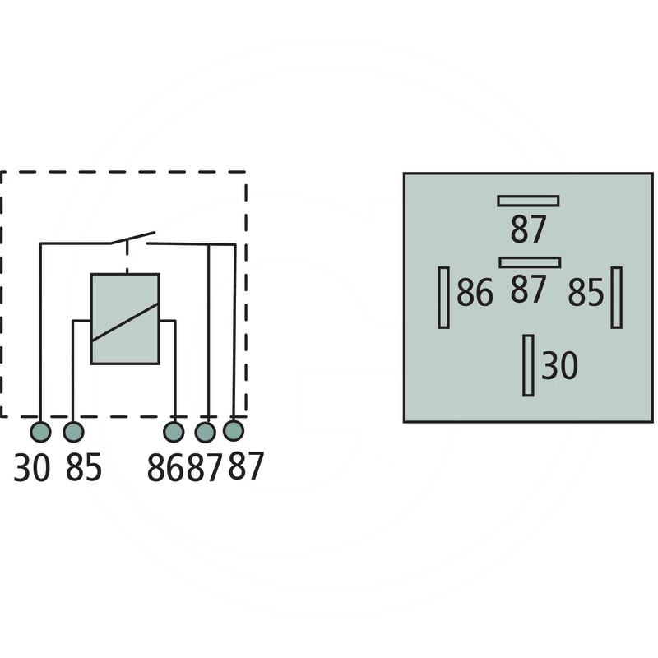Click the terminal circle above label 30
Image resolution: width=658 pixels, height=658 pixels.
tap(40, 432)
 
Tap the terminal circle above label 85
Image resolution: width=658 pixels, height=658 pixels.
tap(73, 432)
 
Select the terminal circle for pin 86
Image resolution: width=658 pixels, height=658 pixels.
tap(174, 432)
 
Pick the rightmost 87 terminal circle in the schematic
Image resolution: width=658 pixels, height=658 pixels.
tap(234, 430)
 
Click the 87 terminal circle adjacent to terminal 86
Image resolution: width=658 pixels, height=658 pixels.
tap(206, 432)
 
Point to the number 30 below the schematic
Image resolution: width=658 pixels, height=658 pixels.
tap(32, 467)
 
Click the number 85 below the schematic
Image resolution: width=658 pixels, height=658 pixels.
tap(83, 467)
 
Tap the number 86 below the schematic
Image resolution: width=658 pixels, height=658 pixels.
tap(167, 467)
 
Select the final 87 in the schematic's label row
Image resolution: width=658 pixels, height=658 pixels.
tap(246, 467)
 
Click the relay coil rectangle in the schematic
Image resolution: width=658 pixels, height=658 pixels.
tap(125, 318)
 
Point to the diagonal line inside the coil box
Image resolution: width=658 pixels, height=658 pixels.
tap(125, 322)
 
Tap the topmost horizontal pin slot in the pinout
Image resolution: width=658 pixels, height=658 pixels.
tap(528, 201)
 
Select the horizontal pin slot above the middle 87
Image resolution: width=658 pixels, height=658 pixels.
tap(530, 262)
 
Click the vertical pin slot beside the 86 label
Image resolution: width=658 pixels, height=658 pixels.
tap(443, 297)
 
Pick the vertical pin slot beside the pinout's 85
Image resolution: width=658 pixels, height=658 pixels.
tap(616, 297)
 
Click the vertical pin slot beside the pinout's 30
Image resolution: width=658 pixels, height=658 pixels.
tap(528, 365)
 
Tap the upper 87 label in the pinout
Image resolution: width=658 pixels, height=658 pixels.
tap(528, 229)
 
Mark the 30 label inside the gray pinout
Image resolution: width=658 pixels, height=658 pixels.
tap(560, 366)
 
